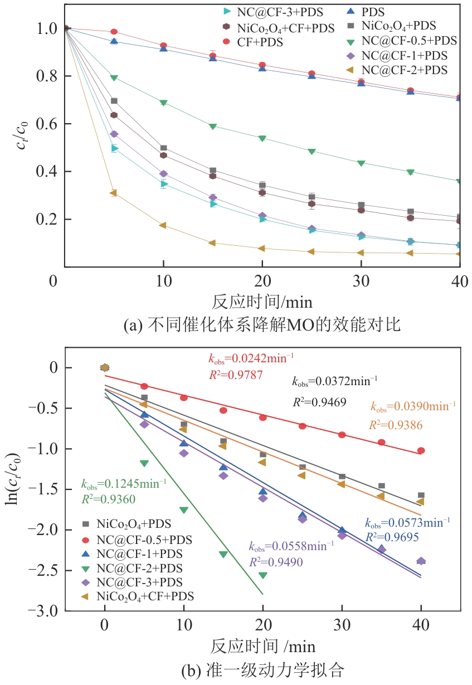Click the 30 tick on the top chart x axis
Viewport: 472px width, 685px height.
click(x=361, y=281)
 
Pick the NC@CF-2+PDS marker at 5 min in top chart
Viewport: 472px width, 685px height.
click(x=114, y=193)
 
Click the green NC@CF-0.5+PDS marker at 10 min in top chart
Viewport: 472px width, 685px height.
click(x=163, y=103)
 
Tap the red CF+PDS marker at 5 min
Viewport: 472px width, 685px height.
click(x=114, y=32)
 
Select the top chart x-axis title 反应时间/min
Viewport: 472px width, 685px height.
click(x=262, y=302)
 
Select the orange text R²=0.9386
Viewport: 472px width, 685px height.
click(x=396, y=425)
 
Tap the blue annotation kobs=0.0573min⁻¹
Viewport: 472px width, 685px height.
click(x=407, y=523)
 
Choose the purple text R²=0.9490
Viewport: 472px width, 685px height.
click(x=276, y=562)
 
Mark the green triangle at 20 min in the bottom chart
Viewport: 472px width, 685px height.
click(x=262, y=575)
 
